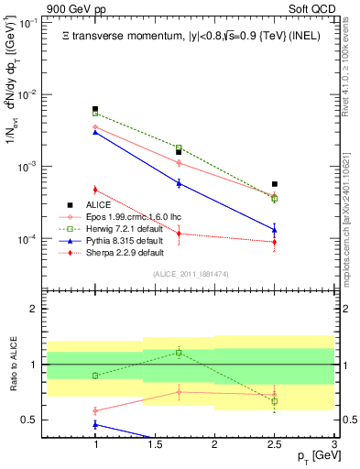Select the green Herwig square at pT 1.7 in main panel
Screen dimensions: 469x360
click(x=179, y=147)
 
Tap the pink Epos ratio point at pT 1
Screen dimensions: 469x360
click(x=95, y=410)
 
